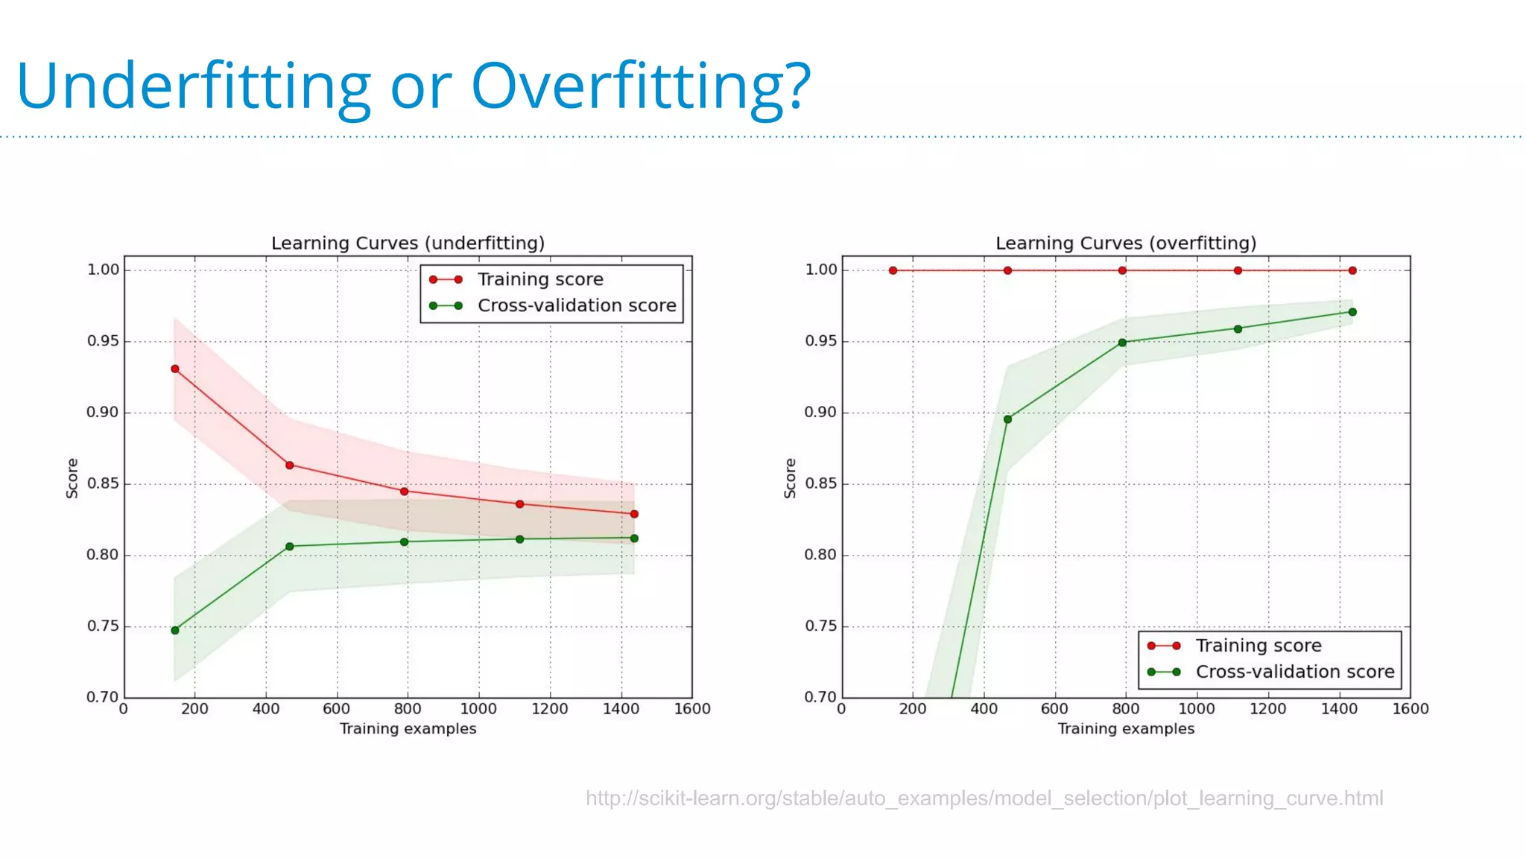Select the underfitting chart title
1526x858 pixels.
tap(408, 244)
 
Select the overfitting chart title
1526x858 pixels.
tap(1126, 244)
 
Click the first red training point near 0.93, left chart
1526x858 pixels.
tap(175, 369)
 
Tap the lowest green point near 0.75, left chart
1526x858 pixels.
tap(175, 630)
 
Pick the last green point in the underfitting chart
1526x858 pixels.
tap(634, 538)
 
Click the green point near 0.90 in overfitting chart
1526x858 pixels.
tap(1007, 419)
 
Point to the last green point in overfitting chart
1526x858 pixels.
tap(1352, 312)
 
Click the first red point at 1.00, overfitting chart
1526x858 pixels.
tap(893, 270)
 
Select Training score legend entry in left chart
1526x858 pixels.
tap(540, 279)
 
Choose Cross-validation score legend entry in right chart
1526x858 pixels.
tap(1294, 672)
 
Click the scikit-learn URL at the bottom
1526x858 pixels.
tap(984, 798)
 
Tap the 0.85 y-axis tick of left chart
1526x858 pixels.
tap(103, 484)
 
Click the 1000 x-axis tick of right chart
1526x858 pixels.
tap(1196, 709)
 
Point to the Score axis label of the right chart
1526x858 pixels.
tap(790, 478)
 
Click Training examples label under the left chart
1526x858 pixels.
tap(408, 728)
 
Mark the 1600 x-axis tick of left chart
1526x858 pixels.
tap(692, 709)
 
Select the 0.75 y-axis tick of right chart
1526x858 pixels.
tap(820, 626)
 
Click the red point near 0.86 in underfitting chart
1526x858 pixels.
tap(290, 465)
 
